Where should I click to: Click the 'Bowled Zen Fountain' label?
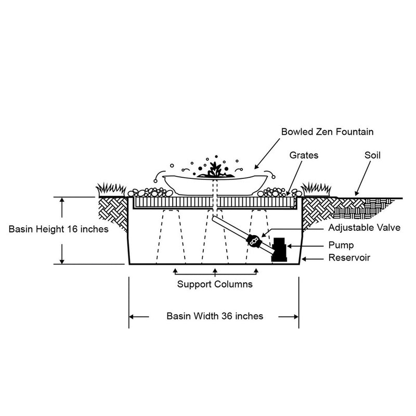(x=327, y=132)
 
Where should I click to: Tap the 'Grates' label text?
(x=305, y=155)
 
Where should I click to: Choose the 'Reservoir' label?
(x=349, y=257)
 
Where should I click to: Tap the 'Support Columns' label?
(x=215, y=284)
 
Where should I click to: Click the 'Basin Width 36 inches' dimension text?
(x=215, y=316)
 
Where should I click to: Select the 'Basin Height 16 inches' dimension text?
(x=59, y=229)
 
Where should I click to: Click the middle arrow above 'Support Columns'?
(x=215, y=270)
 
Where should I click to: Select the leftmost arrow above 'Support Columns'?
(x=175, y=270)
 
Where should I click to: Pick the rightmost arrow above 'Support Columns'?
(x=256, y=270)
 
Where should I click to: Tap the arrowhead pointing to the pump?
(x=290, y=244)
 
